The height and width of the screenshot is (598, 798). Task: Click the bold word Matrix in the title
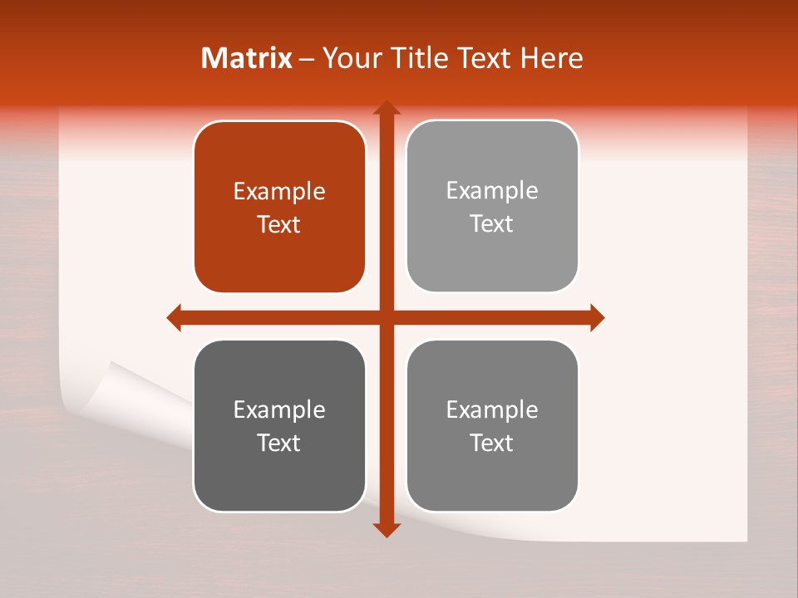247,58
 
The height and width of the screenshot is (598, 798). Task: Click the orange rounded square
279,208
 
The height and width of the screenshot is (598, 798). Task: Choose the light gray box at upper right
492,207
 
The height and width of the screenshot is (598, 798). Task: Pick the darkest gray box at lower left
279,426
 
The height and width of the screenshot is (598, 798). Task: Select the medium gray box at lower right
492,426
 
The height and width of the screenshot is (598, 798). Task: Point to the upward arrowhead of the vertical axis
386,109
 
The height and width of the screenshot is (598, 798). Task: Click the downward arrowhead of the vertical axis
386,529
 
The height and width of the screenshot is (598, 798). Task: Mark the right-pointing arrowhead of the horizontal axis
596,317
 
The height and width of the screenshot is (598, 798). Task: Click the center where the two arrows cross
386,317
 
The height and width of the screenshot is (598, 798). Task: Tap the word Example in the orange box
279,192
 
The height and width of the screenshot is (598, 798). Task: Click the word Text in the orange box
279,224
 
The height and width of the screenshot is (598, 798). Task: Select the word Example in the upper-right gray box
492,191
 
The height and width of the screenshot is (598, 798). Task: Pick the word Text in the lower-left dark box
279,443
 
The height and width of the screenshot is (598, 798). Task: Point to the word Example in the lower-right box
492,409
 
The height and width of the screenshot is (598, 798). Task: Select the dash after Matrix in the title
307,59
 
